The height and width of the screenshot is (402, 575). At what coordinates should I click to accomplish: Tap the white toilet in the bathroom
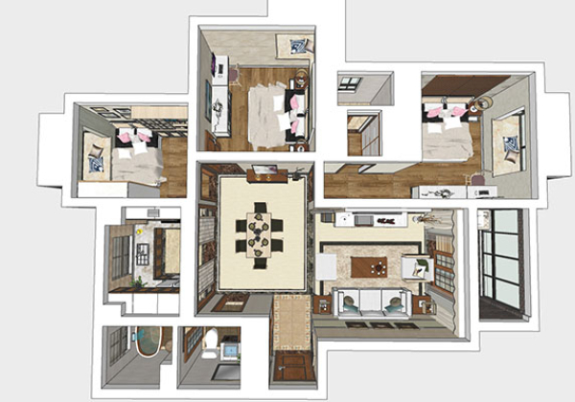click(210, 339)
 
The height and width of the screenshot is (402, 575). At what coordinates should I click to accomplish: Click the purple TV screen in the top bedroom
click(214, 70)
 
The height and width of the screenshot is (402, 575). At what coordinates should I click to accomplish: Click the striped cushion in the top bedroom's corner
click(299, 45)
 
